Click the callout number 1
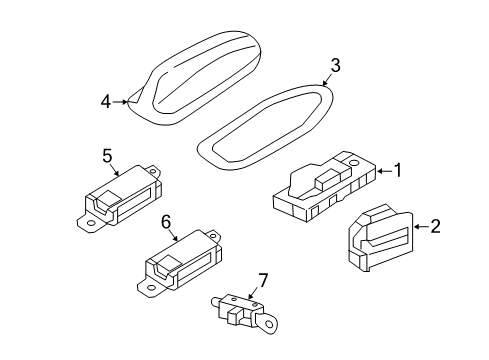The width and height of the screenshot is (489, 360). pos(397,171)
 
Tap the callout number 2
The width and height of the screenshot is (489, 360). pos(435,227)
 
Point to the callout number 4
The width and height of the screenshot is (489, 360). pos(105,101)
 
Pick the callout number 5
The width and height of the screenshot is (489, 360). pos(107,155)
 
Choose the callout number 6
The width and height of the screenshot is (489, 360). pos(167,221)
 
